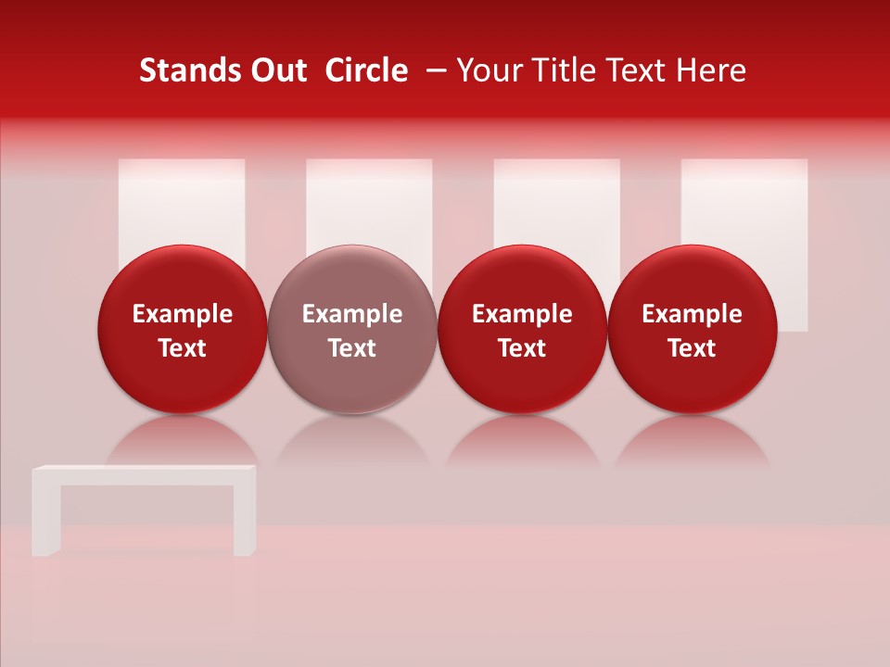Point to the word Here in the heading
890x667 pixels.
pos(711,70)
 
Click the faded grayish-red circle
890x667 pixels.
pos(352,329)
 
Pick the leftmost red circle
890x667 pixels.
pos(183,329)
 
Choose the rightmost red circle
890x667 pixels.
pos(693,329)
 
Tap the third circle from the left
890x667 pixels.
pos(522,329)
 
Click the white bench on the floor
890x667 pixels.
pos(144,477)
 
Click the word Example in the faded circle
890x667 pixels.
pos(352,314)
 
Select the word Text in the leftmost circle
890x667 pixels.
pos(183,348)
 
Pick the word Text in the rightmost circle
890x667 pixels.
pos(693,348)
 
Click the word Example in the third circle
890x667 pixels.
pos(522,314)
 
